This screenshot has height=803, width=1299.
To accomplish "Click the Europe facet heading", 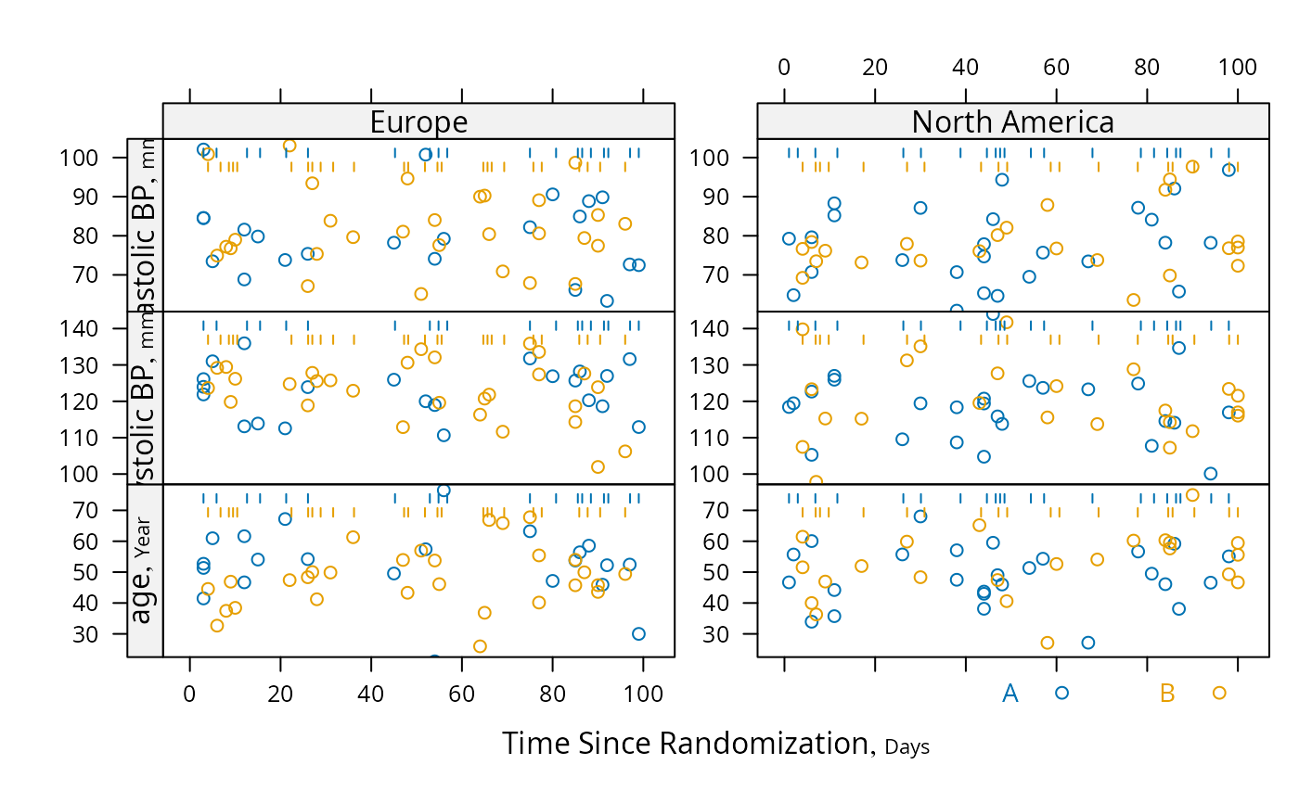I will (x=418, y=121).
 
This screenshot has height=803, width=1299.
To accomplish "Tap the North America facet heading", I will (x=1012, y=121).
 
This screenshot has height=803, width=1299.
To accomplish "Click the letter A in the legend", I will (x=1010, y=693).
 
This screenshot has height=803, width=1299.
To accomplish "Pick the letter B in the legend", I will (x=1167, y=693).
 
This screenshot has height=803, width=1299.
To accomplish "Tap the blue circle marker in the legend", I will (x=1061, y=693).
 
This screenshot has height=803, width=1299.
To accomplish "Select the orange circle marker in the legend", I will (x=1219, y=693).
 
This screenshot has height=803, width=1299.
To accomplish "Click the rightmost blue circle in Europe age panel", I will (x=638, y=633).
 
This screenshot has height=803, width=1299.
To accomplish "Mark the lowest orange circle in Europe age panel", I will (x=480, y=646).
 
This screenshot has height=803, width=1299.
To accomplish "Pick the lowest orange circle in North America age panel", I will (x=1048, y=643).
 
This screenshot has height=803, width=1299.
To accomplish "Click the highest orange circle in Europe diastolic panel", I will (x=289, y=146).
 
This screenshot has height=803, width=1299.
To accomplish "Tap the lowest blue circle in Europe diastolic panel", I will (x=607, y=300).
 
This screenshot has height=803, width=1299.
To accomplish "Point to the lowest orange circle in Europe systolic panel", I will (x=598, y=467).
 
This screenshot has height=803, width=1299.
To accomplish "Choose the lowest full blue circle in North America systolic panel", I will (x=1210, y=474).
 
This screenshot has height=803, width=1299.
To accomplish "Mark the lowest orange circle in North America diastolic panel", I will (x=1133, y=300).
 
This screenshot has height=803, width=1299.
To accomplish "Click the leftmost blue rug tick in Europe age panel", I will (x=203, y=498).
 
